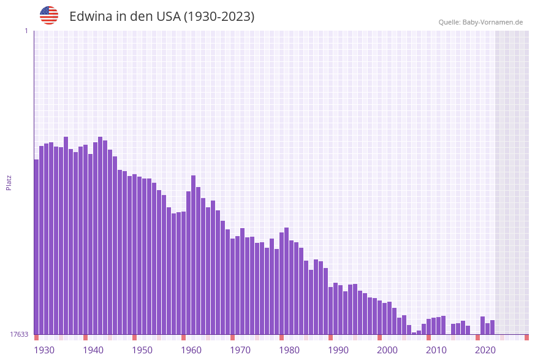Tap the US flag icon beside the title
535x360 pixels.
click(x=49, y=15)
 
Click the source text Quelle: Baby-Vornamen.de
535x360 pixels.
click(x=480, y=22)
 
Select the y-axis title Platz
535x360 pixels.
click(x=9, y=182)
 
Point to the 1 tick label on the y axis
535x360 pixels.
click(x=26, y=31)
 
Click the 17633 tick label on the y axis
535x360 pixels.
click(x=19, y=334)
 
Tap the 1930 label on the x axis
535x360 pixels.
click(x=44, y=350)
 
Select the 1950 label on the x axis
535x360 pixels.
click(x=142, y=350)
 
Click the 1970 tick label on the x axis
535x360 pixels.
click(x=240, y=350)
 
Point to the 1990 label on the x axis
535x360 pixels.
click(x=338, y=350)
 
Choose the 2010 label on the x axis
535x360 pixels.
click(x=436, y=350)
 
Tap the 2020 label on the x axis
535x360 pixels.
click(x=485, y=350)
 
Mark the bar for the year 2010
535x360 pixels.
click(x=428, y=326)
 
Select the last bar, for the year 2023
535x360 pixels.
click(x=492, y=327)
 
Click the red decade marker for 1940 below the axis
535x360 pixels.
click(x=85, y=337)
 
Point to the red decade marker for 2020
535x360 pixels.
click(x=477, y=337)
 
